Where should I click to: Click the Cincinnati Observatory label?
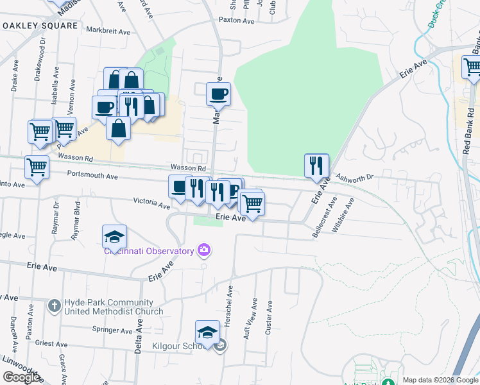(x=149, y=251)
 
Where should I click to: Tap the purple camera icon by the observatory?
(x=205, y=249)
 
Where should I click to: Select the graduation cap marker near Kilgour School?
(x=208, y=333)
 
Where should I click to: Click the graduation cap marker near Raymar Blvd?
(x=114, y=237)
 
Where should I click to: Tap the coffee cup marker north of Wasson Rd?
(x=218, y=94)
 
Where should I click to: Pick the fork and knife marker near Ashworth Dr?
(x=316, y=165)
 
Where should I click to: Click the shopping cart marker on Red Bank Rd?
(x=472, y=67)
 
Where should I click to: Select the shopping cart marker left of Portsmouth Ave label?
(x=37, y=167)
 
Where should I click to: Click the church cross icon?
(x=56, y=306)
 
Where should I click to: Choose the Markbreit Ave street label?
(x=108, y=31)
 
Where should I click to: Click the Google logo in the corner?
(x=21, y=377)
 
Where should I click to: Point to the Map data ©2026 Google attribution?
(x=440, y=380)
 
